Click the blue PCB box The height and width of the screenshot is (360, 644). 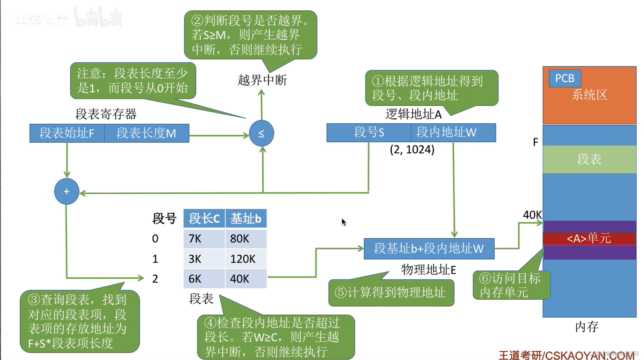(564, 79)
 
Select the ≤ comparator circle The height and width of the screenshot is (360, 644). (261, 133)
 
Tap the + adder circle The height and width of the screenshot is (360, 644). (67, 192)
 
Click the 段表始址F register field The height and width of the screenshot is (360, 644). (67, 133)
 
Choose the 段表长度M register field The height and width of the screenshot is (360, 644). (147, 133)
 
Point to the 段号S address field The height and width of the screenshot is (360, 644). (369, 132)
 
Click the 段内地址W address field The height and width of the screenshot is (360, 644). (453, 132)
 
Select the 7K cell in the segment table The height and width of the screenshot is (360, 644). (204, 238)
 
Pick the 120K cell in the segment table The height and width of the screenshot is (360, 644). (245, 259)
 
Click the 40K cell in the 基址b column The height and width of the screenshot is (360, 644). (245, 278)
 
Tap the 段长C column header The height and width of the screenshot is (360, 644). (204, 218)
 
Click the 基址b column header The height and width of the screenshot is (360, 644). (245, 218)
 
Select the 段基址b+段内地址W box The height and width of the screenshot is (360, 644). (429, 248)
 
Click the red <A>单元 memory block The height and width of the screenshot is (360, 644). (589, 238)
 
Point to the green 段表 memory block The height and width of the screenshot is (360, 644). (589, 159)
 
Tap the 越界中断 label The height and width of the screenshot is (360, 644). (262, 80)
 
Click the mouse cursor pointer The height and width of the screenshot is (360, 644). (343, 222)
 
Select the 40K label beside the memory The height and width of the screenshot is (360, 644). (532, 215)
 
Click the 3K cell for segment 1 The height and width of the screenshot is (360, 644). (204, 259)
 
